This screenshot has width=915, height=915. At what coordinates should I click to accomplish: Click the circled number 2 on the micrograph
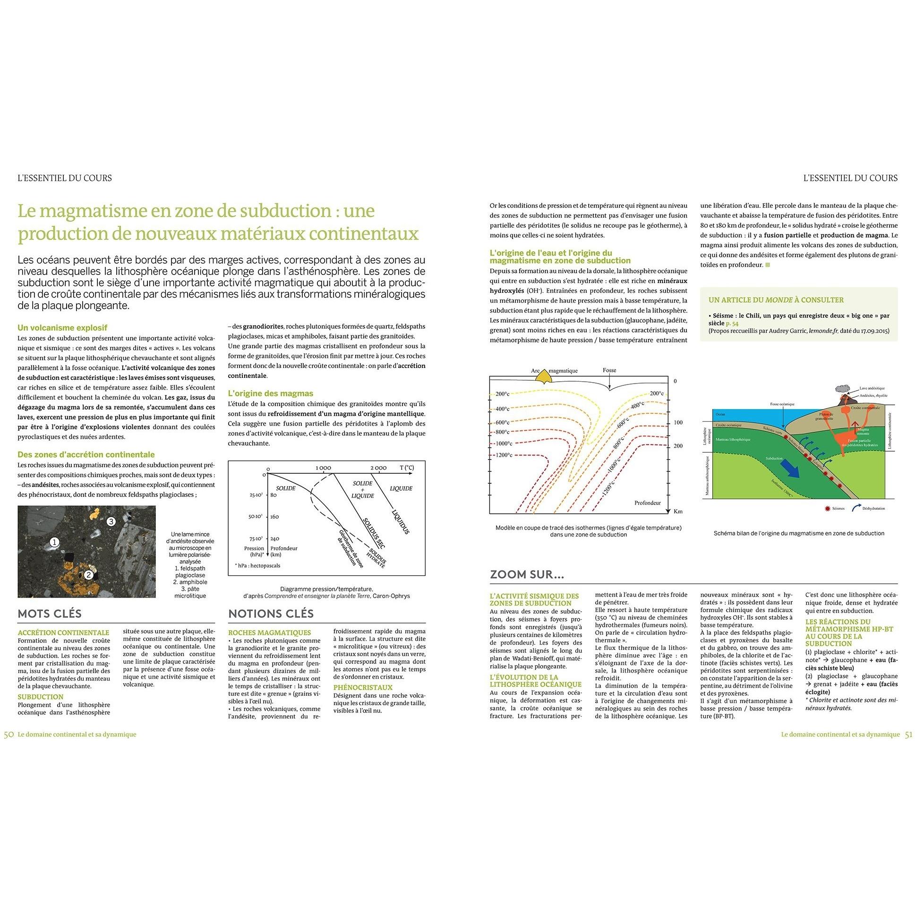pyautogui.click(x=88, y=575)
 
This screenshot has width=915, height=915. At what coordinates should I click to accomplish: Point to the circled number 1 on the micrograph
pyautogui.click(x=55, y=542)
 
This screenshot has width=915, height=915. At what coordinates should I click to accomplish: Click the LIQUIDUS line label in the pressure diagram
pyautogui.click(x=401, y=522)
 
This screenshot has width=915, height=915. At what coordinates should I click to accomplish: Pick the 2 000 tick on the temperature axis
pyautogui.click(x=378, y=468)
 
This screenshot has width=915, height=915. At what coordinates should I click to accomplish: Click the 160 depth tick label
pyautogui.click(x=275, y=517)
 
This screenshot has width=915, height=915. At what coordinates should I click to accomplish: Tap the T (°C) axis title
pyautogui.click(x=406, y=468)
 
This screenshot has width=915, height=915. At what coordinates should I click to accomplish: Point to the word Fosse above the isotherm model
pyautogui.click(x=609, y=370)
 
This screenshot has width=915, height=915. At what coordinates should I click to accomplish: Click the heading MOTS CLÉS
pyautogui.click(x=50, y=614)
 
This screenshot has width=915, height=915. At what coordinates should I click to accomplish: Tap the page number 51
pyautogui.click(x=908, y=735)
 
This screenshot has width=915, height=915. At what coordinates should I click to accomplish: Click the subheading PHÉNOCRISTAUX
pyautogui.click(x=363, y=687)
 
